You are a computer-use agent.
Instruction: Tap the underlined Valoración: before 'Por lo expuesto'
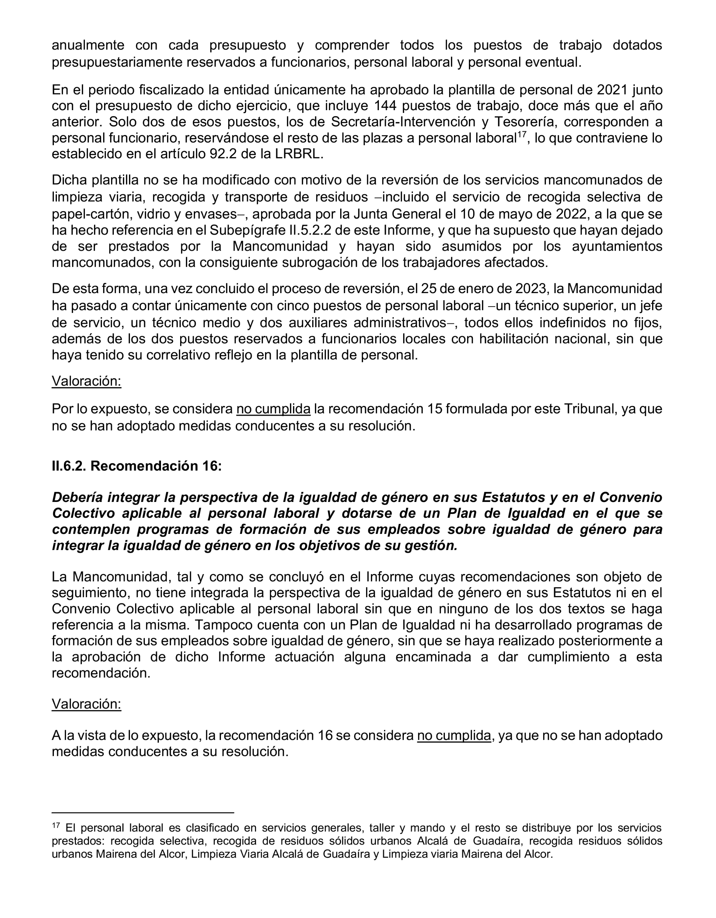pyautogui.click(x=87, y=381)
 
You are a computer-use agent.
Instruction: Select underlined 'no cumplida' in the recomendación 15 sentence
pyautogui.click(x=273, y=409)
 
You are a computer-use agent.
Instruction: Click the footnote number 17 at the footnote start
pyautogui.click(x=56, y=826)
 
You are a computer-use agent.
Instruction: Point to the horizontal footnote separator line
pyautogui.click(x=143, y=813)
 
